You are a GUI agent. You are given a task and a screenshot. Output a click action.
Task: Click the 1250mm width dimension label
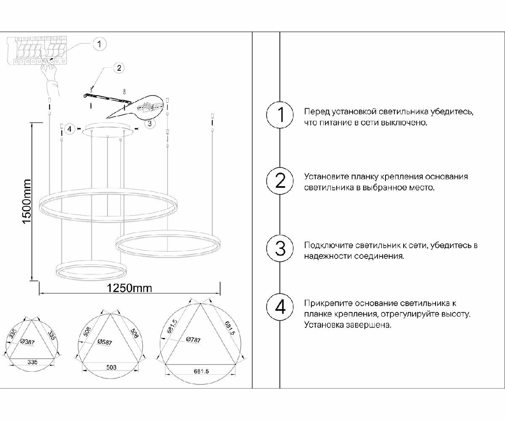[x=129, y=288]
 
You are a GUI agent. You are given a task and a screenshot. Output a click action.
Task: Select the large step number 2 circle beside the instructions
[x=280, y=181]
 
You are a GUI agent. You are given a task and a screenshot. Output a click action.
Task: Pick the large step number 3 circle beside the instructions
[x=280, y=248]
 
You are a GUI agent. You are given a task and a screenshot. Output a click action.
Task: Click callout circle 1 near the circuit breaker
[x=99, y=43]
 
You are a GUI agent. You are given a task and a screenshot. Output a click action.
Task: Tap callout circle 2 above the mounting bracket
[x=119, y=67]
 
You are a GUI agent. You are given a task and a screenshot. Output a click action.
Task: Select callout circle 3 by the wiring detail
[x=149, y=123]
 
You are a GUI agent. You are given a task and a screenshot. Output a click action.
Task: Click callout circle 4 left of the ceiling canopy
[x=70, y=128]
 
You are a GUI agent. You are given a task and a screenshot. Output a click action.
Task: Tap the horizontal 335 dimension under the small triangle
[x=32, y=361]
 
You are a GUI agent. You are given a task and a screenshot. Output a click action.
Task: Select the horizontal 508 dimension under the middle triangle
[x=111, y=367]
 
